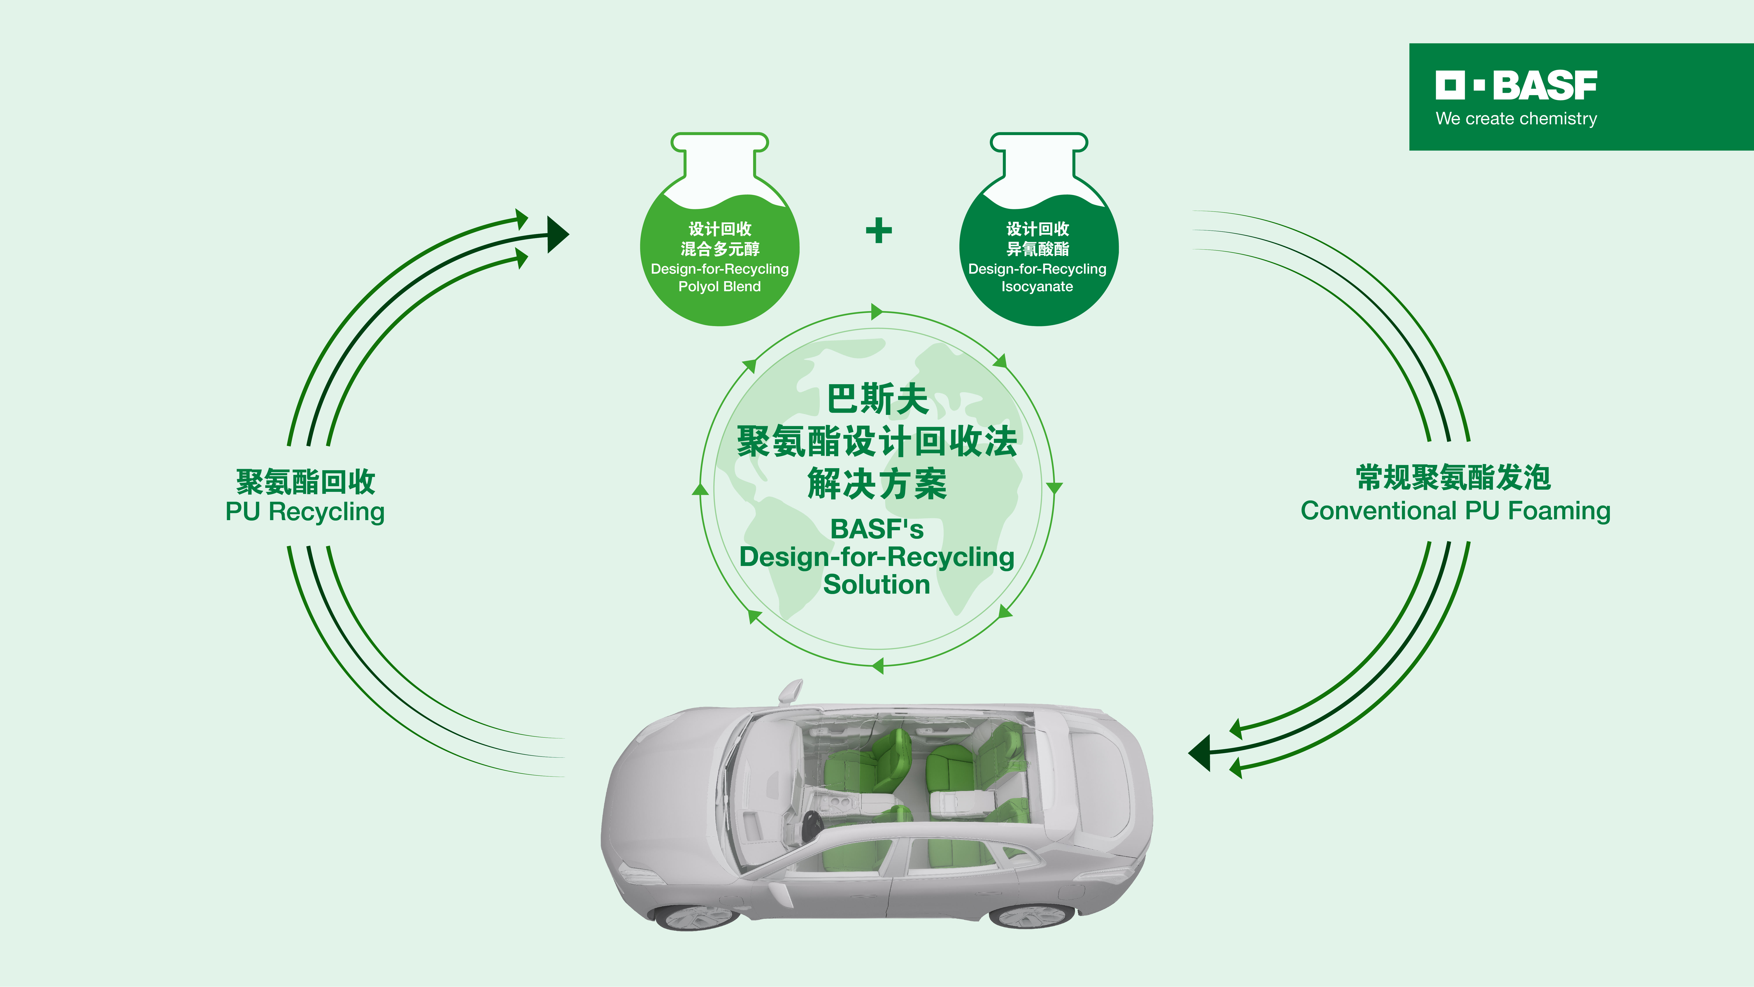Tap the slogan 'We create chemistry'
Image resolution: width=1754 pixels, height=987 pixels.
click(1516, 118)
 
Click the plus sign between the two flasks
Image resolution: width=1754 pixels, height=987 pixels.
click(878, 230)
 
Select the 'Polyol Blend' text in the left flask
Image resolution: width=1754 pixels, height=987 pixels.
click(720, 287)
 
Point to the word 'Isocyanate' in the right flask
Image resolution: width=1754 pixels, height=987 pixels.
click(1037, 287)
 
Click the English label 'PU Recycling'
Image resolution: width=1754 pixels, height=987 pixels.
click(305, 512)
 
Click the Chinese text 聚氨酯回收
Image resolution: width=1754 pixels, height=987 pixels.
click(306, 482)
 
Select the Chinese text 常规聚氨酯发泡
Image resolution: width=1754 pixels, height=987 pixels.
click(1454, 478)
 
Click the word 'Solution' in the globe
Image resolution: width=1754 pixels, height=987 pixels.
click(877, 584)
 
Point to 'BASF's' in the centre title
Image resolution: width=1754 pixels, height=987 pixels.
click(877, 528)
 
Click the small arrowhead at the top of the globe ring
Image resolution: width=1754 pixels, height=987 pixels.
click(877, 312)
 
